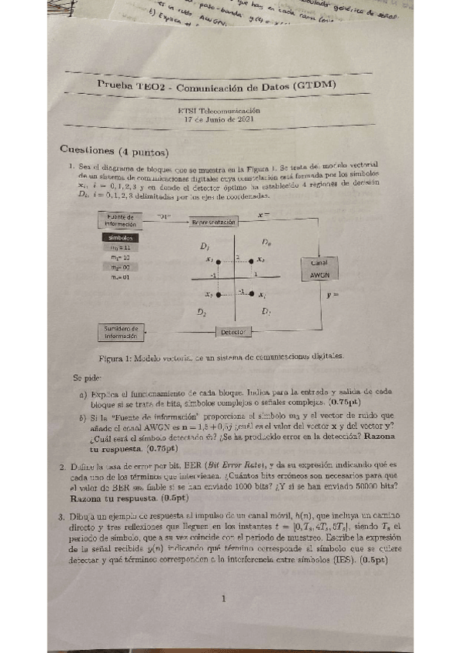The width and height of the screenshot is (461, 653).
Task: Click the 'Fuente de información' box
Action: click(121, 220)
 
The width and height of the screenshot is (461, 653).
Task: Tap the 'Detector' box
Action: click(232, 332)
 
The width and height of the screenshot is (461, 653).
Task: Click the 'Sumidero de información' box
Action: click(120, 332)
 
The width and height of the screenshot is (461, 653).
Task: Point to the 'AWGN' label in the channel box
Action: click(319, 275)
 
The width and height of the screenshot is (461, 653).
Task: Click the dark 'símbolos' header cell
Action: click(120, 238)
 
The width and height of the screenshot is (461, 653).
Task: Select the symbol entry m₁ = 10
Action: click(119, 257)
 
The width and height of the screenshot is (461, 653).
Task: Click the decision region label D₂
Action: click(201, 313)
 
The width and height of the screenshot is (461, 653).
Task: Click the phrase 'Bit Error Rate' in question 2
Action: click(229, 465)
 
